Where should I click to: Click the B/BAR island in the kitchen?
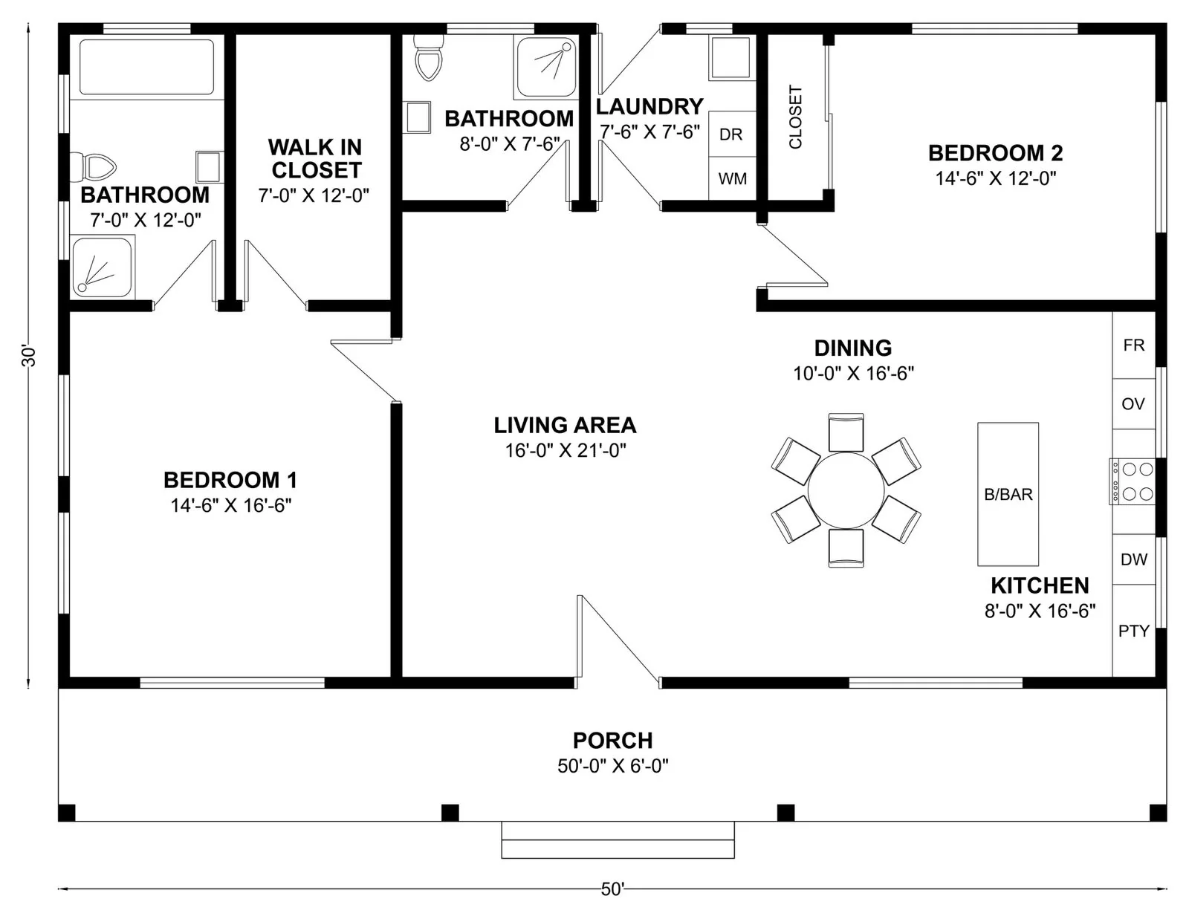coord(1008,494)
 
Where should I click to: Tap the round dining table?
coord(846,490)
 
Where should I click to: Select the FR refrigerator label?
coord(1134,345)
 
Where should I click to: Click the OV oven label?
coord(1133,403)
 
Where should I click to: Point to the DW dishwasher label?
coord(1134,559)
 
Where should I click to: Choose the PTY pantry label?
coord(1134,631)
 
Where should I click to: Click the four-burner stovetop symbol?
coord(1132,482)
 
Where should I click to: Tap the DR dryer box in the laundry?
coord(732,134)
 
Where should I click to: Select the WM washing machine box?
coord(732,179)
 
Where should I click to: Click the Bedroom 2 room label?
coord(995,153)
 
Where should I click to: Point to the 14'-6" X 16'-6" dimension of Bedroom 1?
coord(231,505)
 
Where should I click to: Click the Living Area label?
coord(566,425)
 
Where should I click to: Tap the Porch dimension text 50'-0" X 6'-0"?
coord(613,766)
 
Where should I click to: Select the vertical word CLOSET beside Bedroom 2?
coord(795,117)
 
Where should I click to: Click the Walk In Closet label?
coord(316,158)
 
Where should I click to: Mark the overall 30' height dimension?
coord(28,355)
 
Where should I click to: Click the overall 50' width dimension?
coord(612,890)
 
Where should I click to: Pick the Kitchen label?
coord(1040,585)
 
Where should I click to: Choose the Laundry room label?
coord(649,107)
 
